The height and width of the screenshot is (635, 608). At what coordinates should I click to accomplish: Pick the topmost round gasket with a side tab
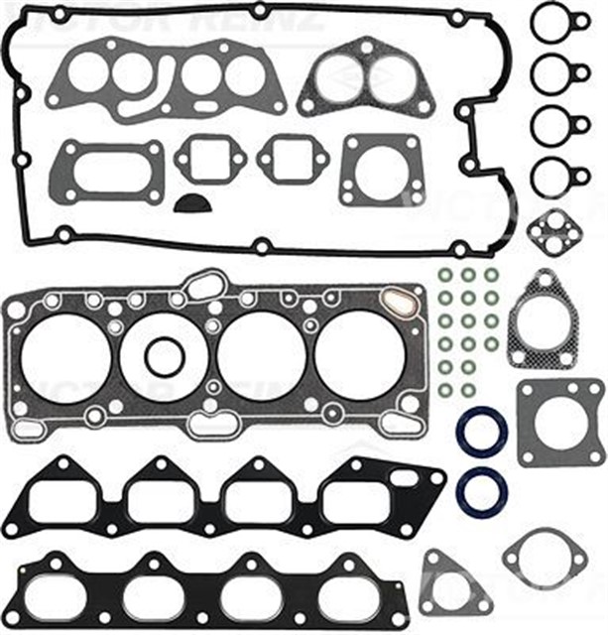pos(550,22)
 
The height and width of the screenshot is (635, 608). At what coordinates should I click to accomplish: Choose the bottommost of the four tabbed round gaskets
pos(550,179)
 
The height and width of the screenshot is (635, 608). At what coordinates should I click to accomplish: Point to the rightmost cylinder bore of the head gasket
pos(357,353)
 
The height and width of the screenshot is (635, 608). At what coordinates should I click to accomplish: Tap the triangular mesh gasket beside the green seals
pos(542,319)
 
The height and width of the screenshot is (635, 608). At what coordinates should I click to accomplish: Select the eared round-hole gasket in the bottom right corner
pos(544,556)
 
